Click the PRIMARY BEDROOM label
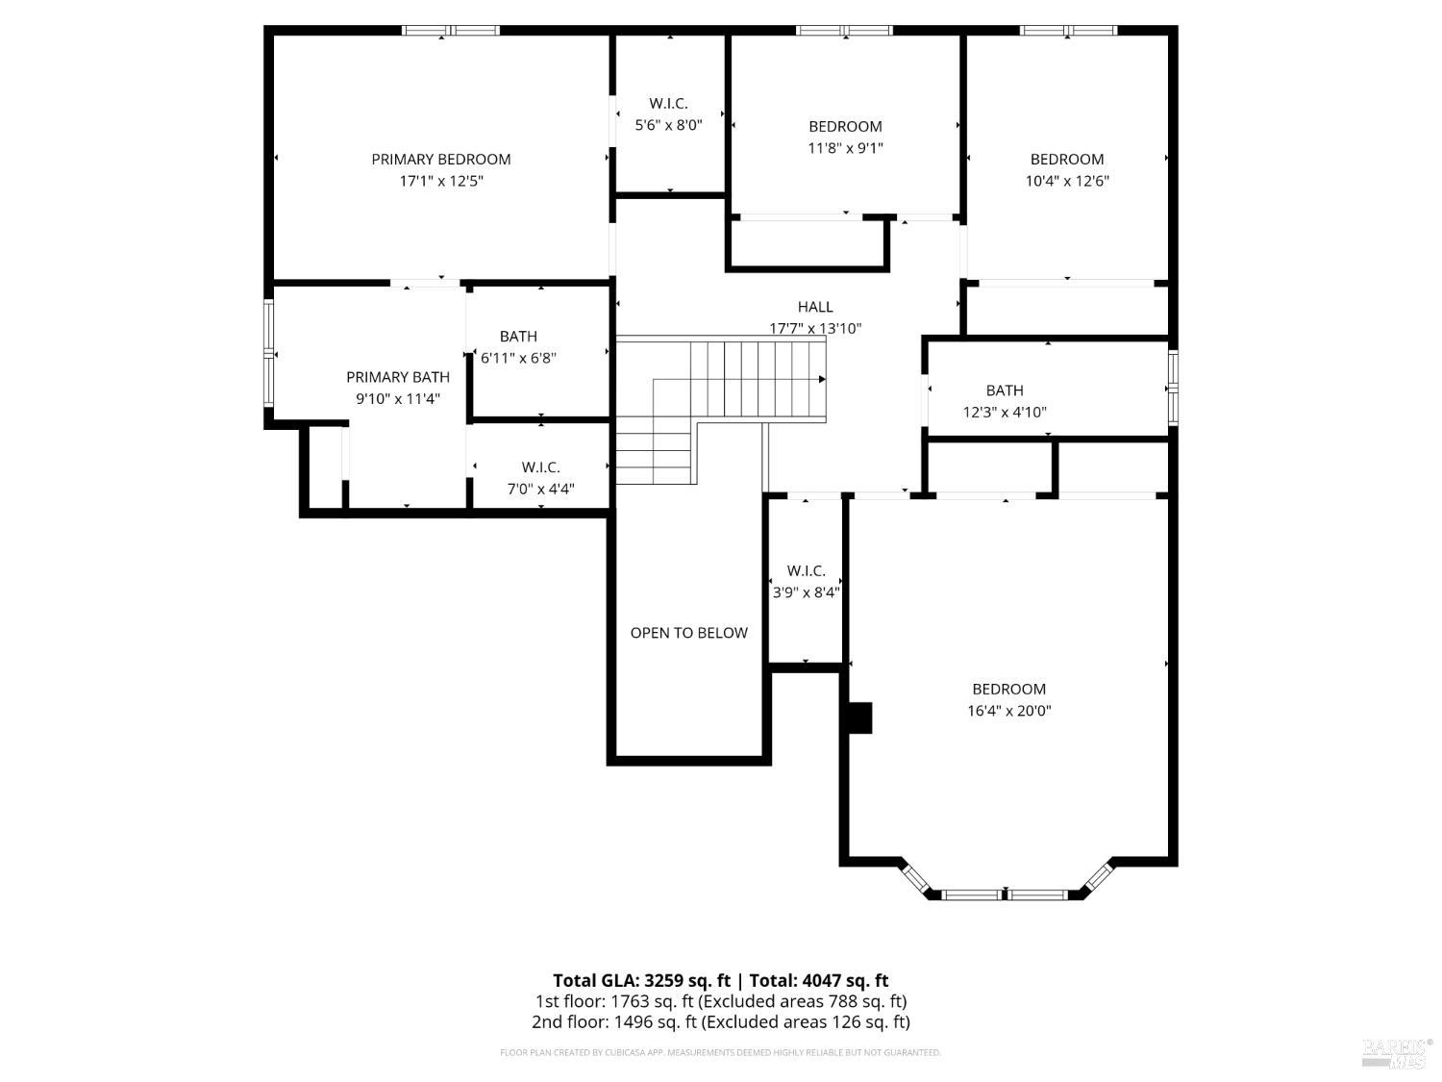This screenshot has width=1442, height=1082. click(x=441, y=160)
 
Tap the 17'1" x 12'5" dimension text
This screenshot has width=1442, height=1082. click(x=441, y=181)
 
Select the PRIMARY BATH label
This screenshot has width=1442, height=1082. click(x=398, y=377)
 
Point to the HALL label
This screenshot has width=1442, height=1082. click(x=815, y=307)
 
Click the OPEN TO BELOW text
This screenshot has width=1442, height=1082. click(x=688, y=633)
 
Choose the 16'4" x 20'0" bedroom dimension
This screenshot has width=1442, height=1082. click(x=1008, y=711)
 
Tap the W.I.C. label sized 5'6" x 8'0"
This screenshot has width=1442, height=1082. click(x=668, y=104)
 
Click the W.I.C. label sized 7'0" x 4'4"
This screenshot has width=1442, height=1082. click(x=541, y=467)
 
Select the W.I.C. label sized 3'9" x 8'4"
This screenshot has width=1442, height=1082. click(x=806, y=571)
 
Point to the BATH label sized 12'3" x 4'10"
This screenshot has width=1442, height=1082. click(x=1005, y=390)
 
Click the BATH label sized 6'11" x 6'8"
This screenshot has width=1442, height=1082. click(x=518, y=337)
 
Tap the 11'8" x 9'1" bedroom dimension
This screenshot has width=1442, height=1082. click(x=845, y=148)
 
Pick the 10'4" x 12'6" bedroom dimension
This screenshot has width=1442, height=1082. click(x=1067, y=181)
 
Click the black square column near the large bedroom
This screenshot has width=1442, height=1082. click(x=858, y=718)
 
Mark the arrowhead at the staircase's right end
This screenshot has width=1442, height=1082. click(x=822, y=380)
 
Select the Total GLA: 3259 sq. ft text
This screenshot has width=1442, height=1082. click(x=641, y=981)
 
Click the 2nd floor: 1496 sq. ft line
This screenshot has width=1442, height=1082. click(x=720, y=1021)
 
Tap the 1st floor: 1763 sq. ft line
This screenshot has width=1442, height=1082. click(x=720, y=1001)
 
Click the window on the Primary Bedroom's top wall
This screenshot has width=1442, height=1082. click(x=451, y=31)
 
